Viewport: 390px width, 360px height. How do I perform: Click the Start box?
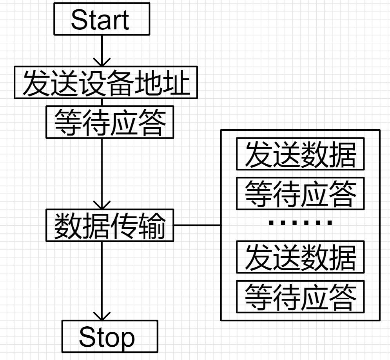[102, 19]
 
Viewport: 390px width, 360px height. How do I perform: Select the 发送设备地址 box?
[106, 83]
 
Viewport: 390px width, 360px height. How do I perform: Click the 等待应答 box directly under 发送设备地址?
[110, 121]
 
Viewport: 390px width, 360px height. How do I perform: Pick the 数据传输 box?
[110, 226]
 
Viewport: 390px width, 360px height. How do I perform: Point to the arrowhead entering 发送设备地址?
[102, 63]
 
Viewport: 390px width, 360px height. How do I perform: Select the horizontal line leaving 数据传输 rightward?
[197, 226]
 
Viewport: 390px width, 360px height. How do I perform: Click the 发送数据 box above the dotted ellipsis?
[300, 154]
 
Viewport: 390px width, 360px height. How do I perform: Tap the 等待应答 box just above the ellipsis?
[300, 194]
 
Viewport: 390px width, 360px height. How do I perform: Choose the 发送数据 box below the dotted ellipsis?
[300, 257]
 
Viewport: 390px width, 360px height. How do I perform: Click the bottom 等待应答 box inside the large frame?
[300, 297]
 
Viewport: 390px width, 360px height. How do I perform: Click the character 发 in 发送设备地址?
[36, 83]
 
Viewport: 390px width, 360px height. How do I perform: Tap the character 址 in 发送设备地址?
[176, 83]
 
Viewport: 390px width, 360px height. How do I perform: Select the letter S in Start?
[78, 20]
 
